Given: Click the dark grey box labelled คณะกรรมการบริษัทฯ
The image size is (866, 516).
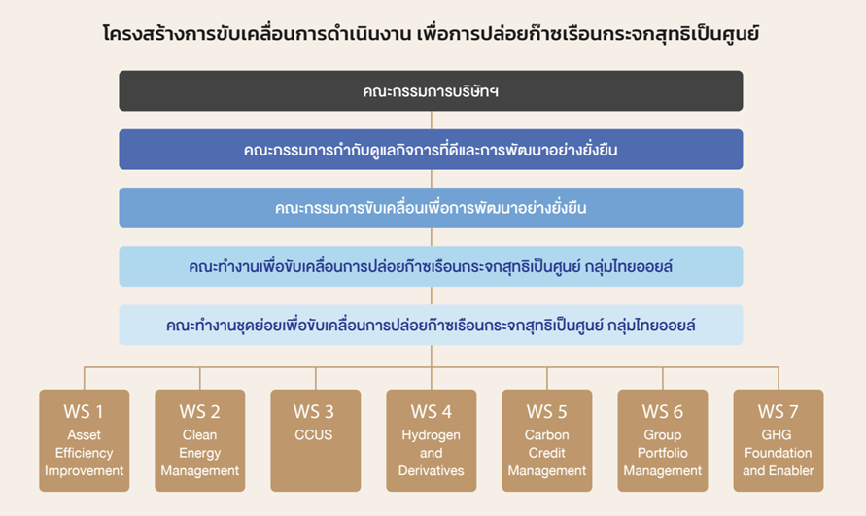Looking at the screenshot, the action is pyautogui.click(x=431, y=90).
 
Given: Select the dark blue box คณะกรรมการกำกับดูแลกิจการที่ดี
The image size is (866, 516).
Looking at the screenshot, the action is pyautogui.click(x=431, y=150).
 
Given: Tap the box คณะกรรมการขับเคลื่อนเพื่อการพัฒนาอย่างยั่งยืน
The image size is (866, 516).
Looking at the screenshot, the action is pyautogui.click(x=431, y=208).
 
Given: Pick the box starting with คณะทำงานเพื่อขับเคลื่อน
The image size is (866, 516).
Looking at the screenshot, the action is pyautogui.click(x=431, y=266).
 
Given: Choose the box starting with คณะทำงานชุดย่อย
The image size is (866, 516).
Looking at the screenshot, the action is pyautogui.click(x=431, y=325).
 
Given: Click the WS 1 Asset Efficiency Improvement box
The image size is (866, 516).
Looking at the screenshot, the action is pyautogui.click(x=84, y=440).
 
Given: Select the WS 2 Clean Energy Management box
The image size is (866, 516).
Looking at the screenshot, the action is pyautogui.click(x=200, y=440).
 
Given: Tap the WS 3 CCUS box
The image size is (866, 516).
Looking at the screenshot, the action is pyautogui.click(x=315, y=440).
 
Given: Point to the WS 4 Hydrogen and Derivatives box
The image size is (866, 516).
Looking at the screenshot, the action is pyautogui.click(x=432, y=440).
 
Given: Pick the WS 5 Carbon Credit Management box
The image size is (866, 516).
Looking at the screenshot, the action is pyautogui.click(x=547, y=440).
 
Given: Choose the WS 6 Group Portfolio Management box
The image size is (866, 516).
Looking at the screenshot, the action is pyautogui.click(x=663, y=440).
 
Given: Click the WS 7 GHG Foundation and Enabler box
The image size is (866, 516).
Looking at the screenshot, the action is pyautogui.click(x=779, y=440).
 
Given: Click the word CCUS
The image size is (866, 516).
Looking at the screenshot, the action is pyautogui.click(x=314, y=434).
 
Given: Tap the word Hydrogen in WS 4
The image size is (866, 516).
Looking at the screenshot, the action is pyautogui.click(x=431, y=435).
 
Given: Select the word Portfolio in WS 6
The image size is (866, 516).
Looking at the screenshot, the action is pyautogui.click(x=663, y=453).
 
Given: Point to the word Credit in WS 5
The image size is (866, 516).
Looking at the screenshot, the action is pyautogui.click(x=547, y=453).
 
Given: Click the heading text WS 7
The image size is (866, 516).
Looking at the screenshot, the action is pyautogui.click(x=779, y=412).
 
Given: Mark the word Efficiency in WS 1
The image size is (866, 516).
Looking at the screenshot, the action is pyautogui.click(x=84, y=453).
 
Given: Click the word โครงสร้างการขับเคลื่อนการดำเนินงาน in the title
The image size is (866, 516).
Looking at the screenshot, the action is pyautogui.click(x=258, y=33).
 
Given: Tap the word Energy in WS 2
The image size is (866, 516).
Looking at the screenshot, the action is pyautogui.click(x=200, y=454).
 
